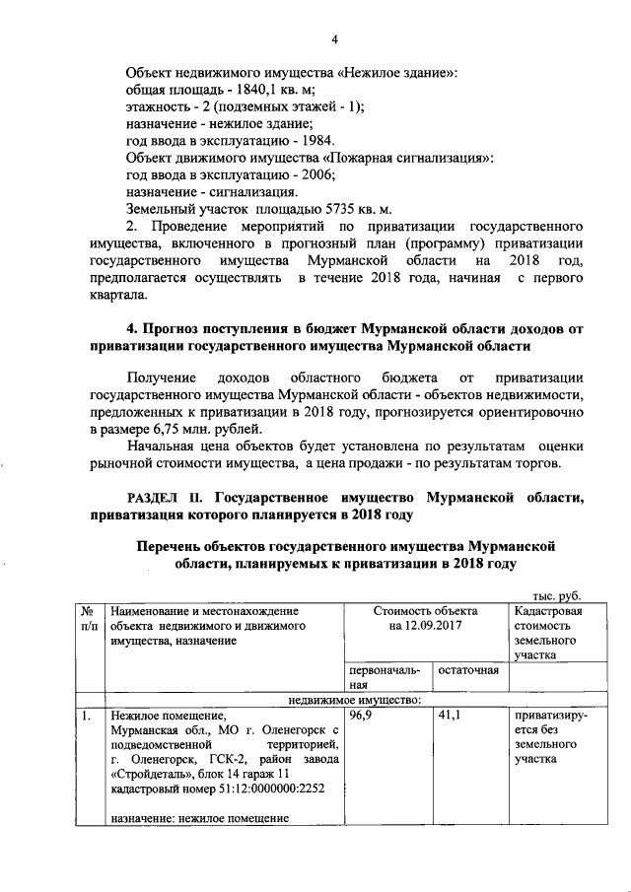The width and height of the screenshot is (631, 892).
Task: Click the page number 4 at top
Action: (334, 38)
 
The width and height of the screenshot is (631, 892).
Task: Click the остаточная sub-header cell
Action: (468, 670)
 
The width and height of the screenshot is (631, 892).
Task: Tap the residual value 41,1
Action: (451, 716)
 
